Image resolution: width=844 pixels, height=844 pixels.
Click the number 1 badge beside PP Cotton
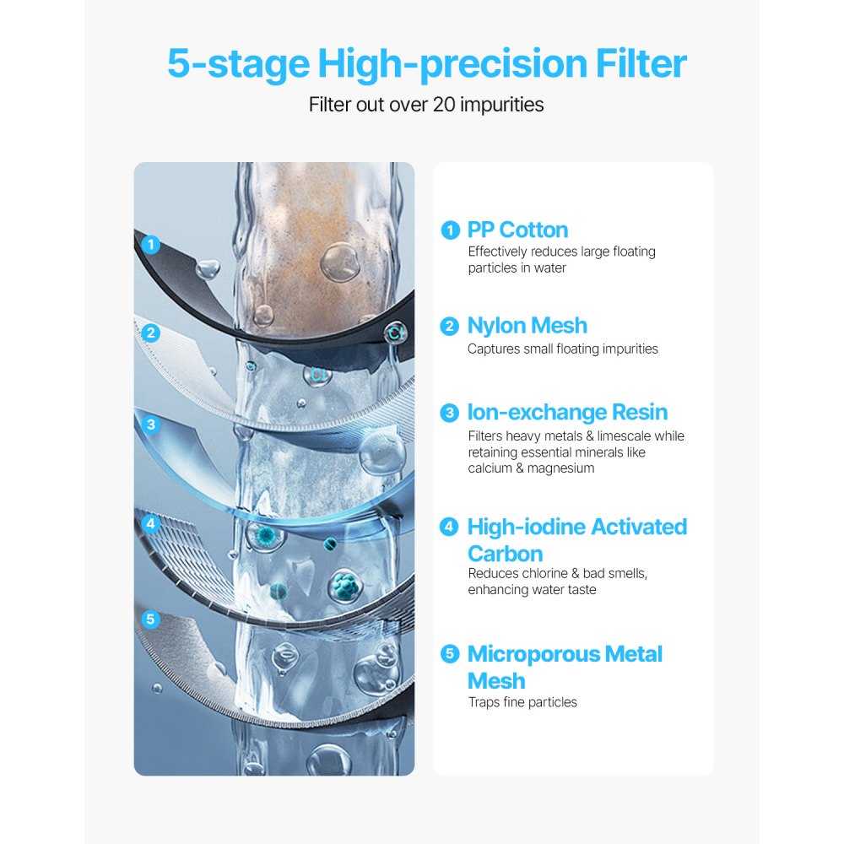451,230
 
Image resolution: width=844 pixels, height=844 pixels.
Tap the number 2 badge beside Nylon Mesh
451,326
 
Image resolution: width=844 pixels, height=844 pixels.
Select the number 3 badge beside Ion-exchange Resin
451,413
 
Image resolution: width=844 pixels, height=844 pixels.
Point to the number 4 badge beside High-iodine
451,527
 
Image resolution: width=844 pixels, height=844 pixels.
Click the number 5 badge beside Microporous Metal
451,654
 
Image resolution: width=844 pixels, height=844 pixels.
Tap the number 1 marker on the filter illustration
151,246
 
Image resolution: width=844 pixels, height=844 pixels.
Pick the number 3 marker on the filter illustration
151,425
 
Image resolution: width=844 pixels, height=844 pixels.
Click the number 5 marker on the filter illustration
151,619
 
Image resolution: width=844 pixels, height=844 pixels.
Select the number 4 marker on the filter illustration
151,523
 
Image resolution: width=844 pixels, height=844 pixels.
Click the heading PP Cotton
517,230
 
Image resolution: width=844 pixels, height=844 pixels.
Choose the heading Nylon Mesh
527,326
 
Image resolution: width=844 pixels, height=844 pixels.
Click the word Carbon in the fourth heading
505,555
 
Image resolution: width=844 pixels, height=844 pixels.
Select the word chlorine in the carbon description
549,574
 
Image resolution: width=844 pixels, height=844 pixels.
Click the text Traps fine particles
522,702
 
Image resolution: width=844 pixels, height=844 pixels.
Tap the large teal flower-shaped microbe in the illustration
345,582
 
